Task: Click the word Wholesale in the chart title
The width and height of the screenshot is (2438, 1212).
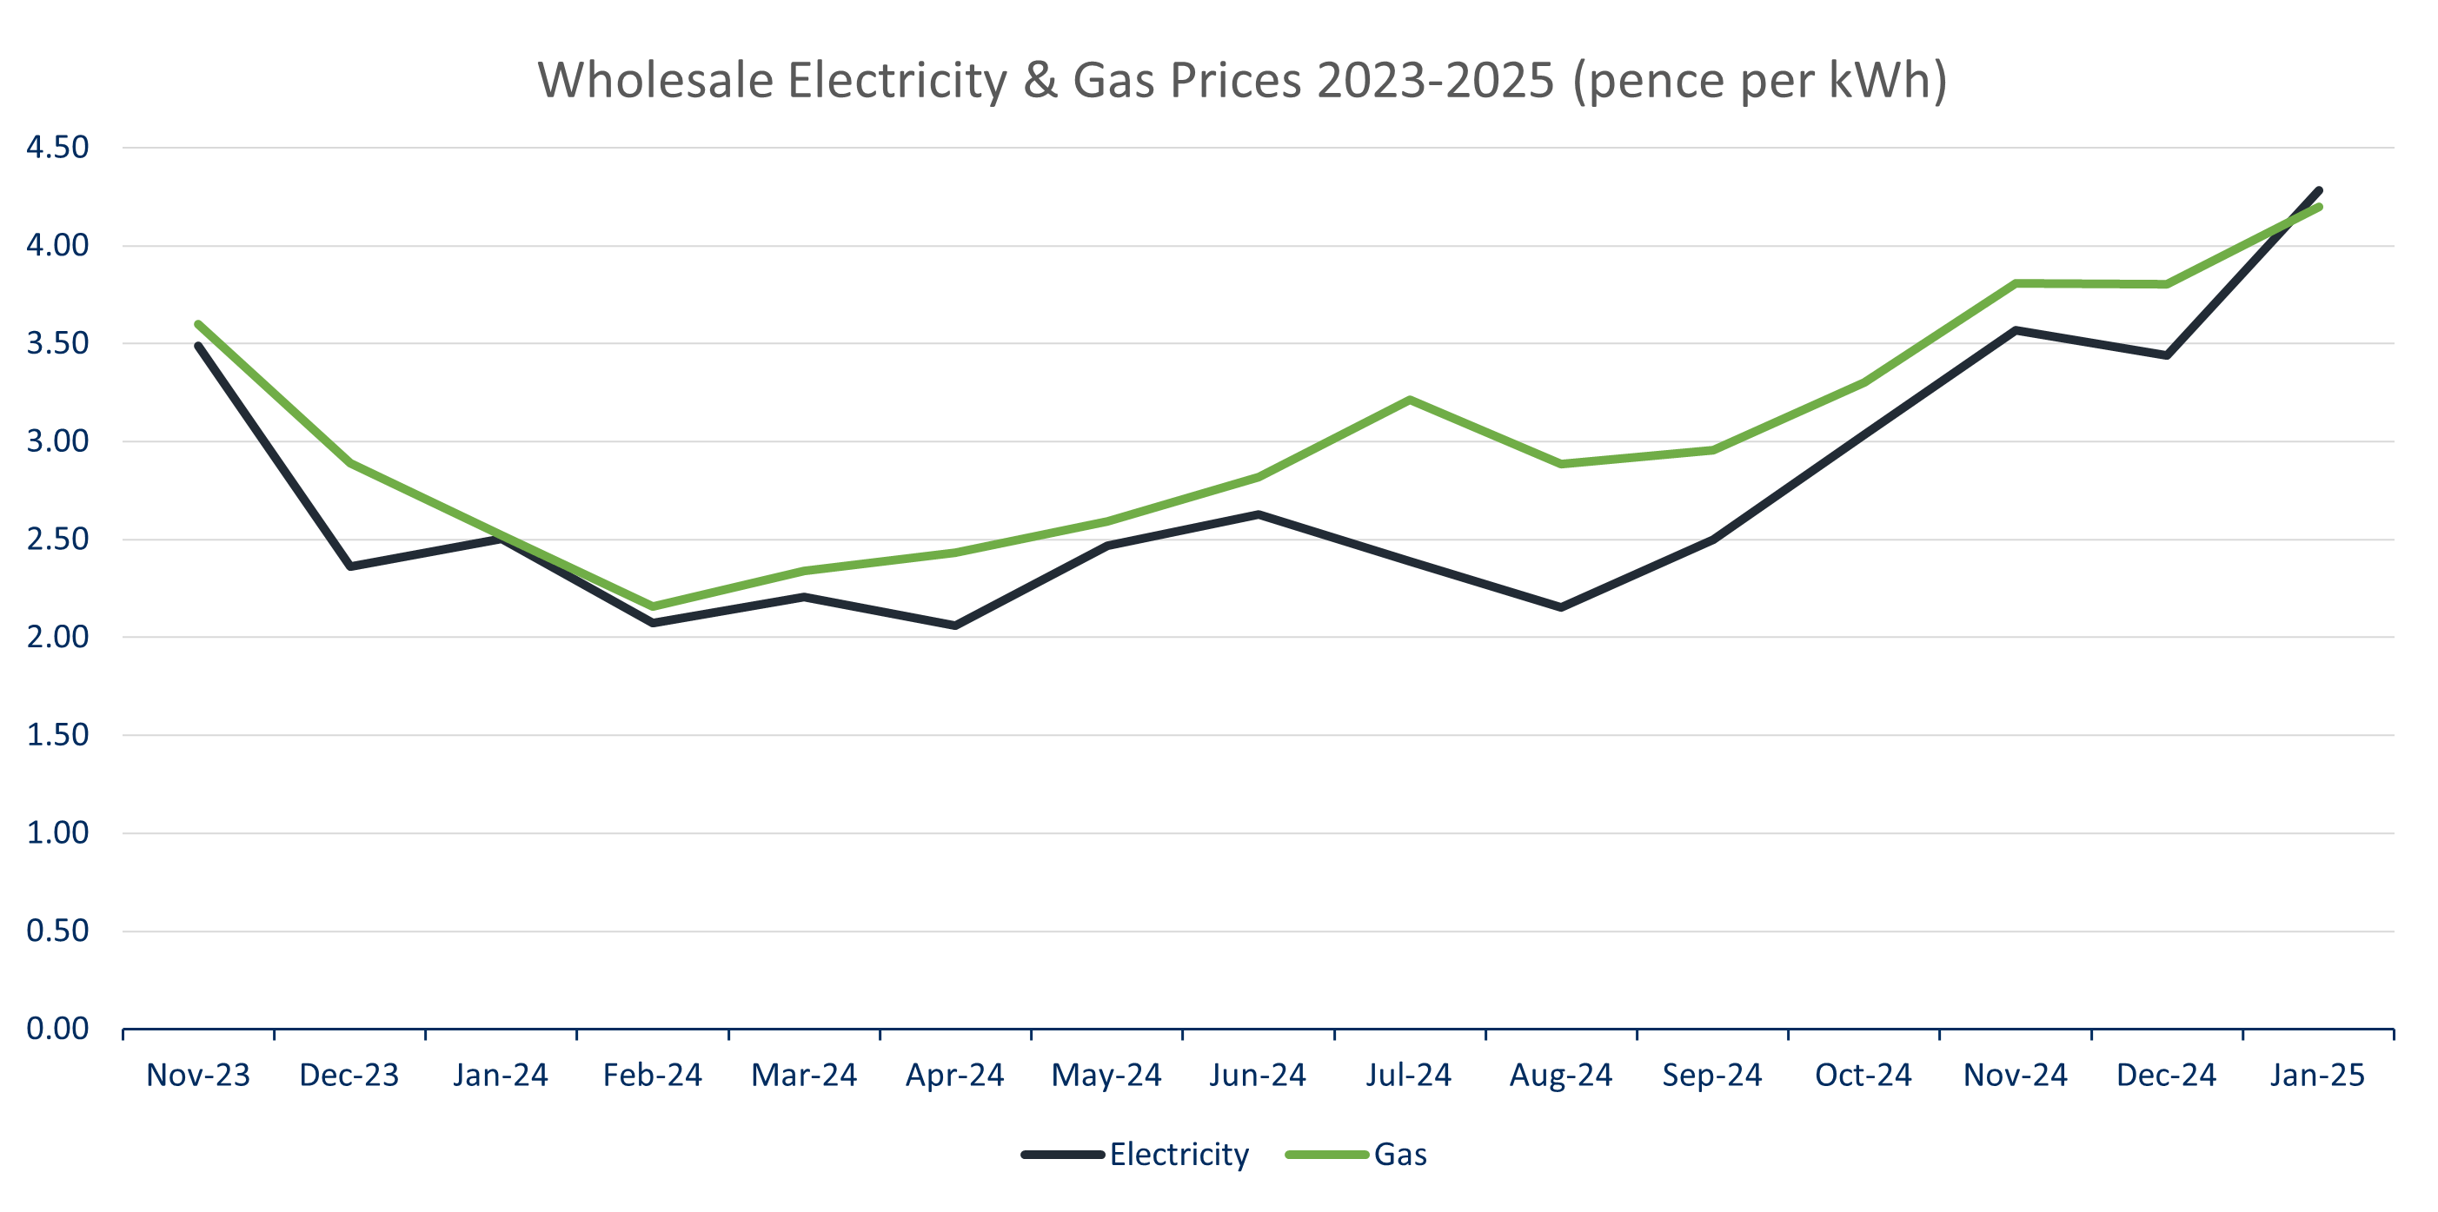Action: tap(655, 81)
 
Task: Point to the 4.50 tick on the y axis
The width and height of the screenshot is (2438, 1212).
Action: tap(56, 148)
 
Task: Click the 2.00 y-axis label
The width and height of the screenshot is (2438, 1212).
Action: tap(56, 637)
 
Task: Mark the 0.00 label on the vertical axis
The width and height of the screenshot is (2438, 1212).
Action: tap(56, 1029)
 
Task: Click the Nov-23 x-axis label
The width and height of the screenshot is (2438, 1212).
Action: tap(198, 1076)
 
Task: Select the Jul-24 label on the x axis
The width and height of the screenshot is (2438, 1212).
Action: tap(1408, 1076)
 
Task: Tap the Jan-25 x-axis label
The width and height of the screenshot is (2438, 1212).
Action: tap(2317, 1076)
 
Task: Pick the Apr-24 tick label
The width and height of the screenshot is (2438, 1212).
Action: tap(954, 1076)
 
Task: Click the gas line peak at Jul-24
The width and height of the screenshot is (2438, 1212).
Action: tap(1409, 401)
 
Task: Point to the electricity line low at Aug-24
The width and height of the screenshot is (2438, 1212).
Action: tap(1561, 607)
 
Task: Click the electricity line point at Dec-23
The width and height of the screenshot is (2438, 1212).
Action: tap(350, 566)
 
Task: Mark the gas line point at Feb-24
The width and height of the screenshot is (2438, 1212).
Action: tap(653, 606)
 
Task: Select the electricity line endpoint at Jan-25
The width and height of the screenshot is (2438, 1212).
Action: tap(2318, 191)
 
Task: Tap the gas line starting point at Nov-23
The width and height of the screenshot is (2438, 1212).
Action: tap(199, 325)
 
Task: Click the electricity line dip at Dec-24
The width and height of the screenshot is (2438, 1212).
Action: tap(2166, 354)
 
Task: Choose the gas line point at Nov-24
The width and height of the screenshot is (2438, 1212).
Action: tap(2016, 284)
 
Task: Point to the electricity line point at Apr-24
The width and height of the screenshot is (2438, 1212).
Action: tap(955, 626)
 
